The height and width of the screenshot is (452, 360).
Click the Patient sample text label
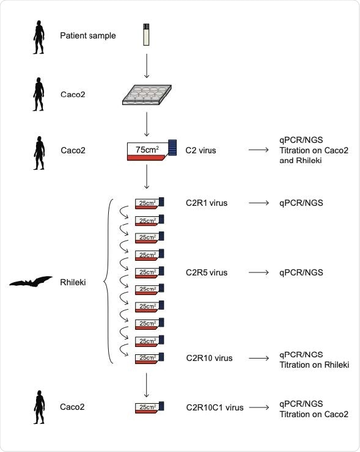pyautogui.click(x=88, y=35)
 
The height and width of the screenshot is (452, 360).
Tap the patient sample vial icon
pyautogui.click(x=146, y=35)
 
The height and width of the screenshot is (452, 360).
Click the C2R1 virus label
pyautogui.click(x=207, y=203)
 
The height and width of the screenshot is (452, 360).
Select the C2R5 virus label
pyautogui.click(x=207, y=272)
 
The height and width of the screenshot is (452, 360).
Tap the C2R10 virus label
pyautogui.click(x=209, y=358)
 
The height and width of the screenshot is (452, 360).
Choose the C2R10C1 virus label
pyautogui.click(x=215, y=407)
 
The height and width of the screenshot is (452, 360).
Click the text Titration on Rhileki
pyautogui.click(x=314, y=365)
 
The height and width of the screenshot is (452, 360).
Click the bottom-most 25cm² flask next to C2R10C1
pyautogui.click(x=147, y=407)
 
